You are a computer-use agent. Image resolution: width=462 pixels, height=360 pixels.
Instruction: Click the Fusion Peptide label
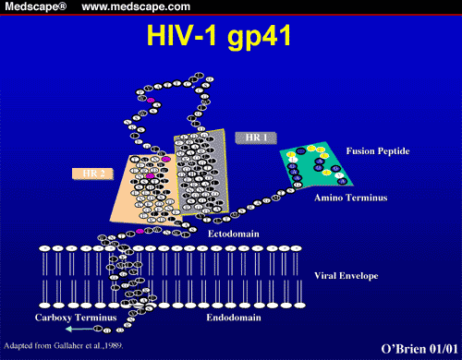380,150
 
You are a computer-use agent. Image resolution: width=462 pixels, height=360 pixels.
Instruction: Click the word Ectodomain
233,234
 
